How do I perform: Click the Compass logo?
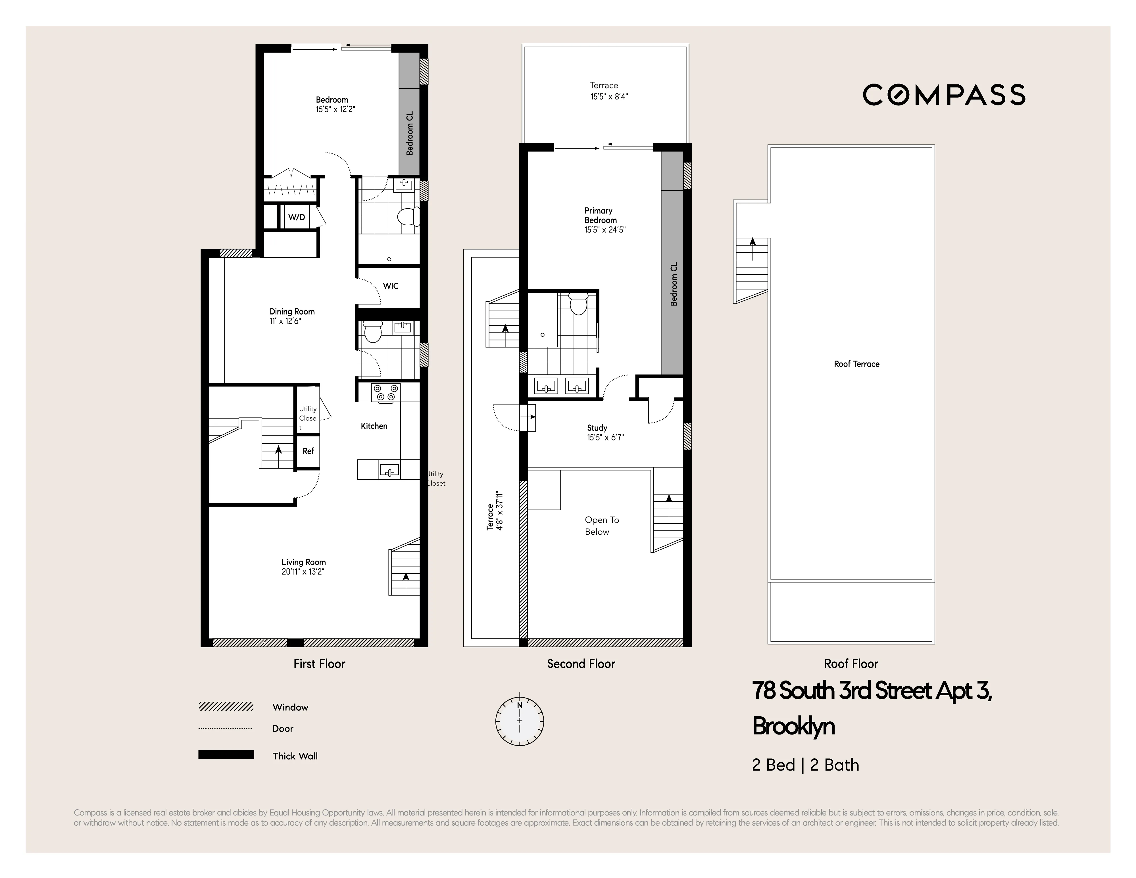944,95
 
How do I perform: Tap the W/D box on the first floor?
297,217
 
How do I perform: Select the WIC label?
391,286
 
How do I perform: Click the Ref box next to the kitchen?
308,451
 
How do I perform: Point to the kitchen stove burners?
385,392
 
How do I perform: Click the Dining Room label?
292,312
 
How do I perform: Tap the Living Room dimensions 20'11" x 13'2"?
303,572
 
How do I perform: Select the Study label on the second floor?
597,428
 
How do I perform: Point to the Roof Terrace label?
856,364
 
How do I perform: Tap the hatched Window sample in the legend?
226,706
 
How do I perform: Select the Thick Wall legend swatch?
226,755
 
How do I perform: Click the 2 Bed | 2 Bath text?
805,765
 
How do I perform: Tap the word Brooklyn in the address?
793,726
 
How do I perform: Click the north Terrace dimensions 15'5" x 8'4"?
609,96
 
